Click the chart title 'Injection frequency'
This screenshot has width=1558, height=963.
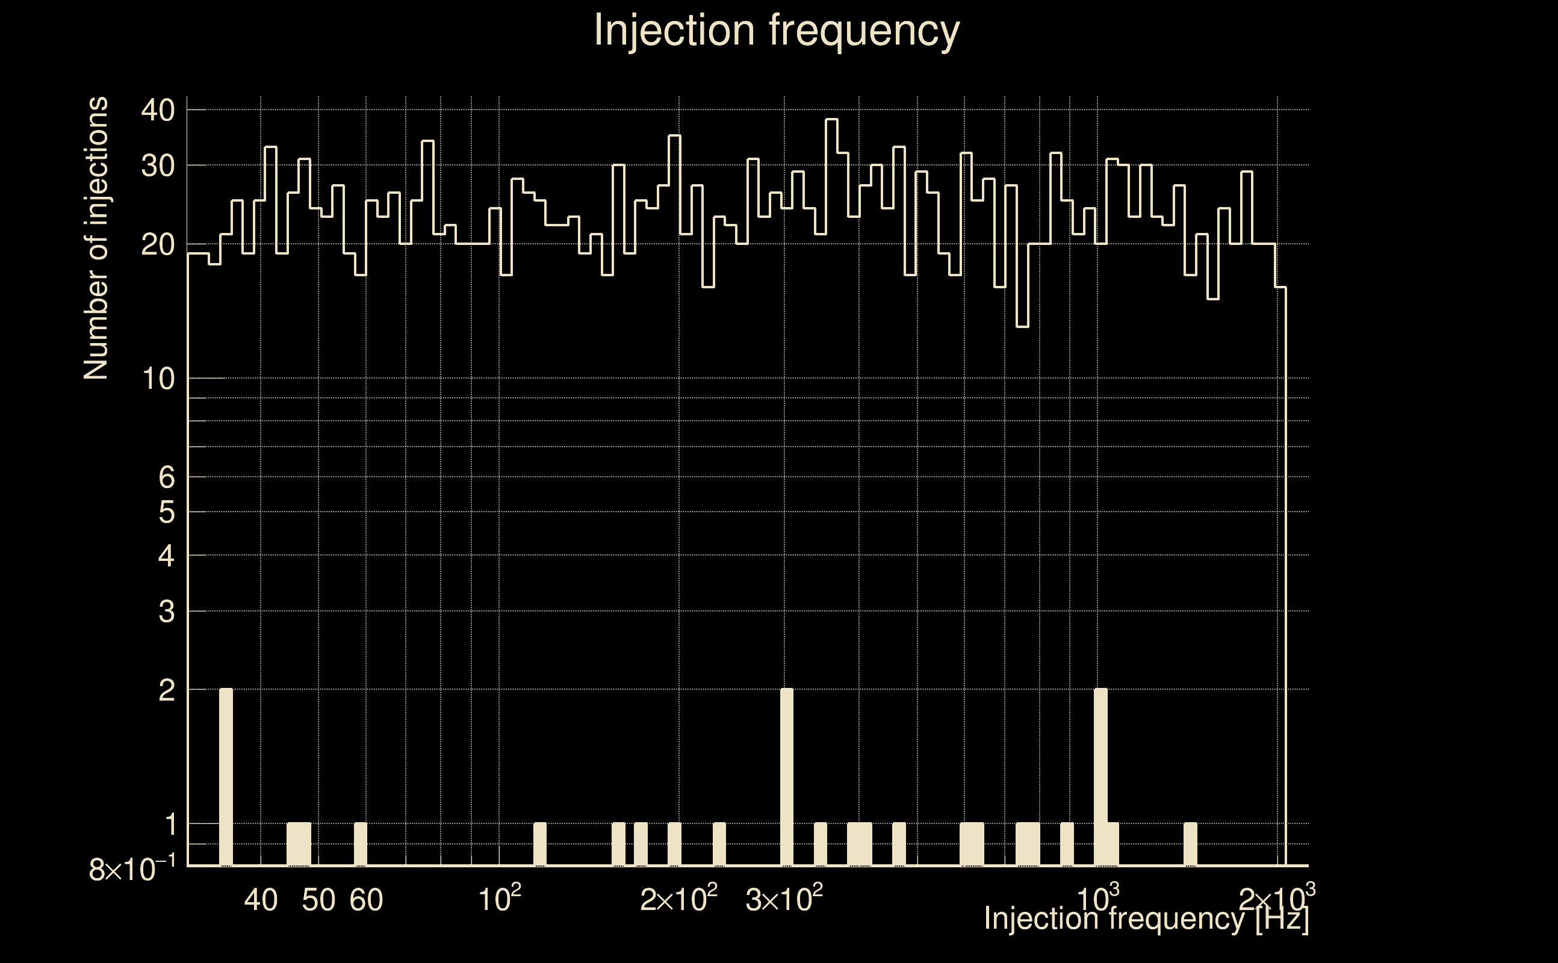[x=777, y=30]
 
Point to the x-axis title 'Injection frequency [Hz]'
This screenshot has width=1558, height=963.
[x=1146, y=918]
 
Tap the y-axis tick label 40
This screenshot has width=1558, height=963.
[x=157, y=111]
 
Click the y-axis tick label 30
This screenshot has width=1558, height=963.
[x=157, y=166]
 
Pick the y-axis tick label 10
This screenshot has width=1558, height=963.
[x=157, y=379]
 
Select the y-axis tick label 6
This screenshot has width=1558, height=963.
[x=166, y=477]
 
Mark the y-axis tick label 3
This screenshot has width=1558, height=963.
[x=166, y=612]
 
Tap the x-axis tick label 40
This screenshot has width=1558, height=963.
[x=261, y=900]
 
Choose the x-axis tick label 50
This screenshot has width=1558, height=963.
[x=318, y=900]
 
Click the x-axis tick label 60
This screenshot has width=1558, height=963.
[x=366, y=900]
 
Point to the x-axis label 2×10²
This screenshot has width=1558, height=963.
[x=678, y=899]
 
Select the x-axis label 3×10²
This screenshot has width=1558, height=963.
[x=783, y=899]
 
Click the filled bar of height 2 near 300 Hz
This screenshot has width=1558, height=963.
[x=787, y=777]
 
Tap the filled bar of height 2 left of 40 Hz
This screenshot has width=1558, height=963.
[x=226, y=777]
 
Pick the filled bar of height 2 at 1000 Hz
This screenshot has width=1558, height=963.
[x=1100, y=777]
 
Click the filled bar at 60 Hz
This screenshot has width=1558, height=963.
[x=361, y=844]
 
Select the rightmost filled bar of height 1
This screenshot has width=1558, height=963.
[x=1190, y=844]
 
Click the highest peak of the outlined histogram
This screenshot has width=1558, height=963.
[x=831, y=120]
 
